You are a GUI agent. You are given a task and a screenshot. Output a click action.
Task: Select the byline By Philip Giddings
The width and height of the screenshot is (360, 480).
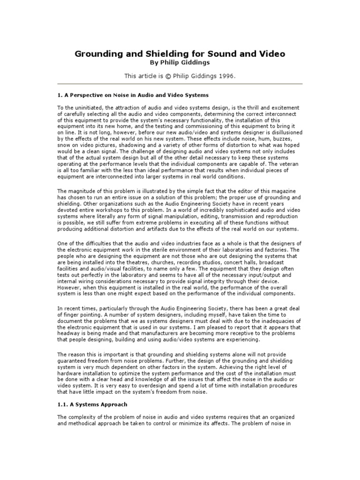180,63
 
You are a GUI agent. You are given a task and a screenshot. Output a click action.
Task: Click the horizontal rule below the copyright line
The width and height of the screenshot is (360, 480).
180,84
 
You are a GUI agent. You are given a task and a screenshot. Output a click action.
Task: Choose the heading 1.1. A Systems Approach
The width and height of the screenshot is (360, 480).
92,404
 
